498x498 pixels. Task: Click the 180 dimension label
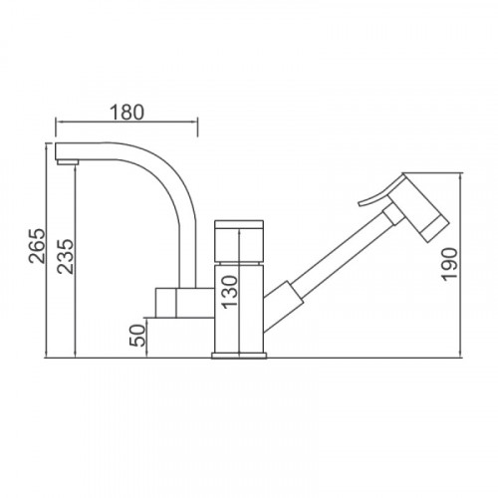(x=126, y=113)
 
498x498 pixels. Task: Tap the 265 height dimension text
(x=37, y=246)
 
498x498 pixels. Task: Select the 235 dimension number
(x=65, y=256)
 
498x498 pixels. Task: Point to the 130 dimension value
(x=230, y=292)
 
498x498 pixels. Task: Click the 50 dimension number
(x=137, y=336)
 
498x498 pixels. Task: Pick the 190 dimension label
(x=450, y=264)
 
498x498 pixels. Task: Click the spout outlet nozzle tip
(x=68, y=162)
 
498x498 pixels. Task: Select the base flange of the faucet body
(x=239, y=356)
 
